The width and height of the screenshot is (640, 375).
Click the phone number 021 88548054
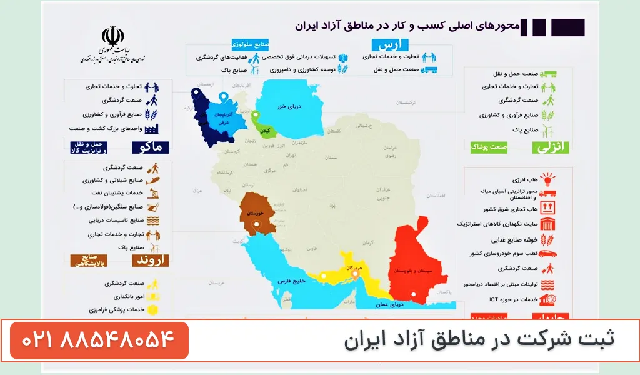98,341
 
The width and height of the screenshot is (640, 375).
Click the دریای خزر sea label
289,106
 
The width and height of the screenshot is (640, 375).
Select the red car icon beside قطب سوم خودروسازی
547,254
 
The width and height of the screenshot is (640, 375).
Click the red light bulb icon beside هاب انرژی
547,180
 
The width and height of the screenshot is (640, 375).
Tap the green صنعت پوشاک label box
489,147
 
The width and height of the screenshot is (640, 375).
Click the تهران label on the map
289,153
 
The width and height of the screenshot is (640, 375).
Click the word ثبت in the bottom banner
598,340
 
